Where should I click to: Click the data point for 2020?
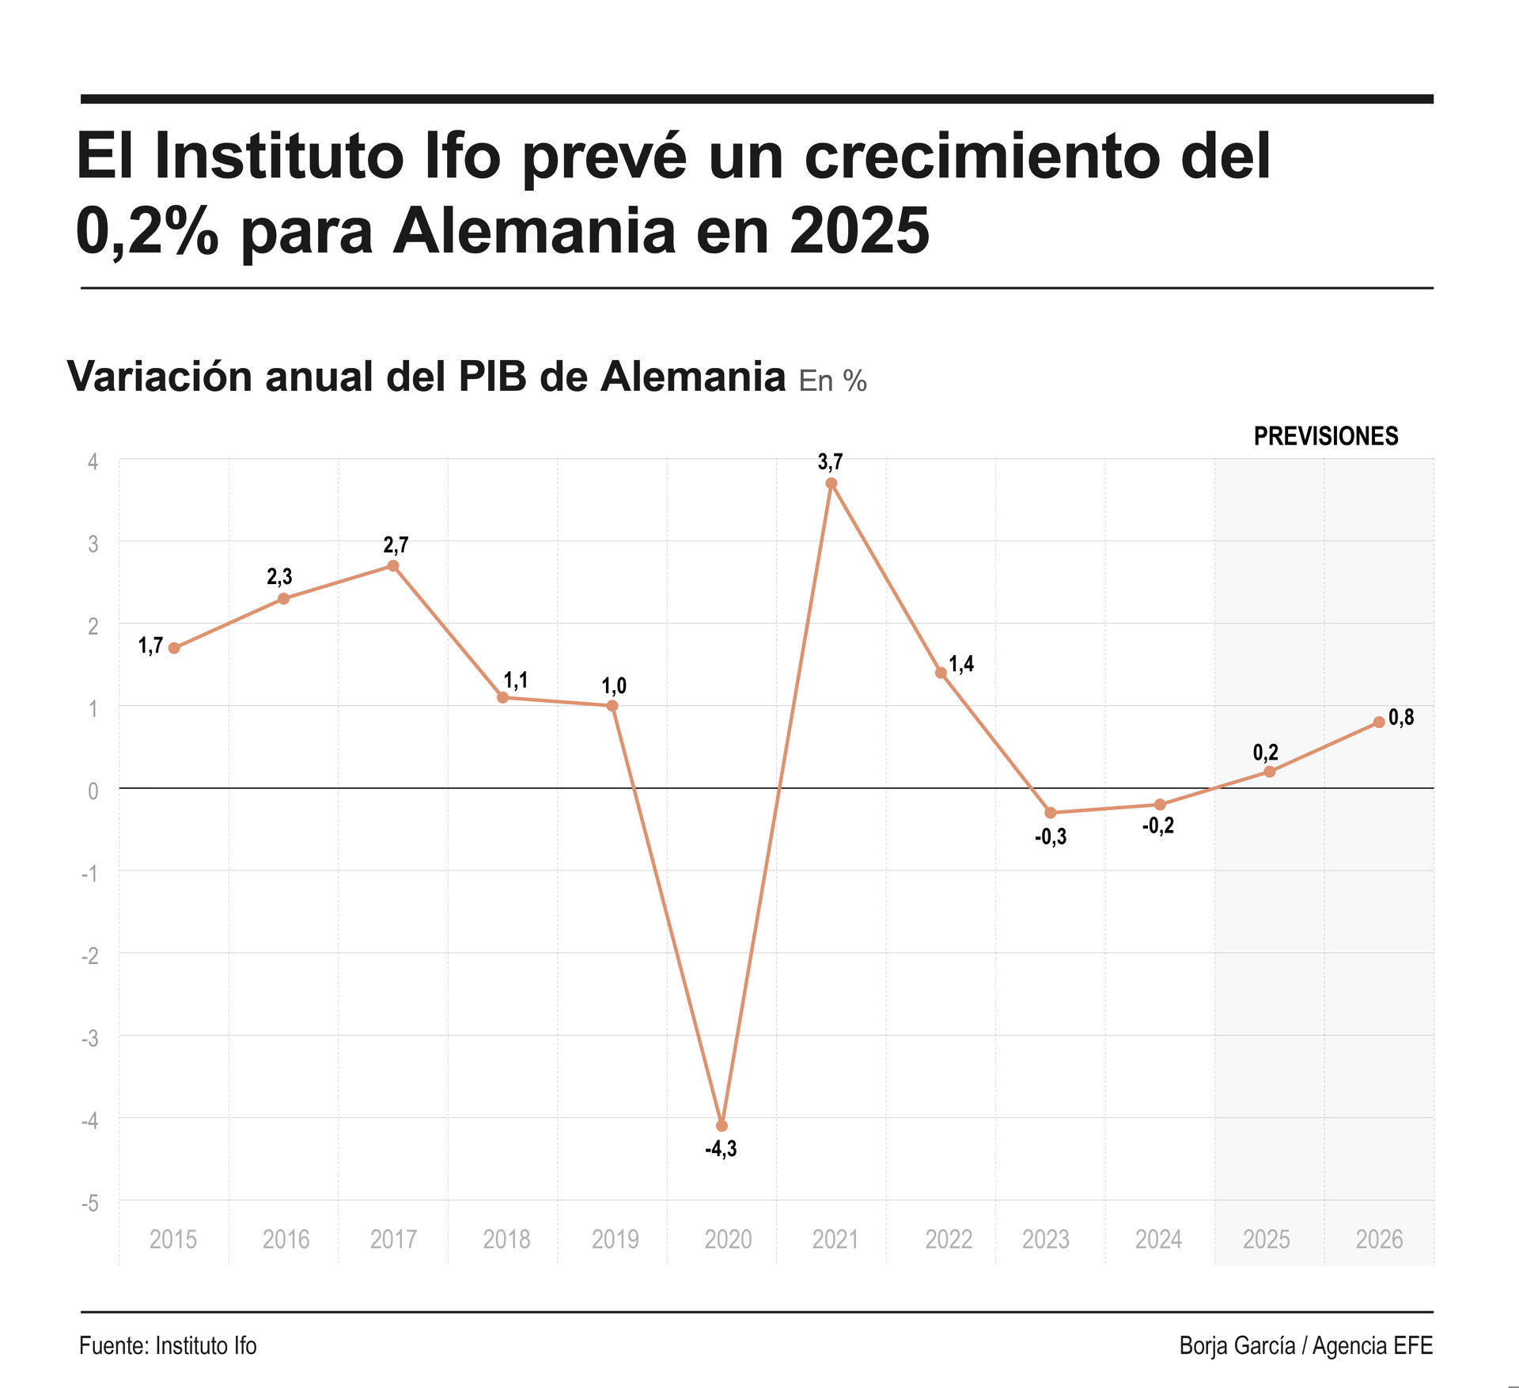point(722,1125)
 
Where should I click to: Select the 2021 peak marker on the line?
point(831,484)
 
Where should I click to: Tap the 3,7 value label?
point(830,461)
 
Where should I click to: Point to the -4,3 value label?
point(721,1149)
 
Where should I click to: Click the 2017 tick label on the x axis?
point(393,1238)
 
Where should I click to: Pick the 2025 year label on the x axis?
point(1266,1238)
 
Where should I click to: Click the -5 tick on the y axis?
point(90,1203)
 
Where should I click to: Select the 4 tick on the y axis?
point(93,461)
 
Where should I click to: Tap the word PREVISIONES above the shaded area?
point(1326,436)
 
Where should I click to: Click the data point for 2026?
point(1379,722)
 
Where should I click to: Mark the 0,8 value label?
point(1401,717)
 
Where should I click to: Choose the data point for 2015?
point(174,648)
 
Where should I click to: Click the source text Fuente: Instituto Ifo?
point(168,1346)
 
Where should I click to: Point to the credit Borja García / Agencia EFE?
point(1305,1346)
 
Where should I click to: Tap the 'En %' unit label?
point(832,381)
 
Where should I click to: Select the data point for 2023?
point(1051,813)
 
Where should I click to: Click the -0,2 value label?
point(1158,826)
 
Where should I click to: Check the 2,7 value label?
point(396,544)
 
